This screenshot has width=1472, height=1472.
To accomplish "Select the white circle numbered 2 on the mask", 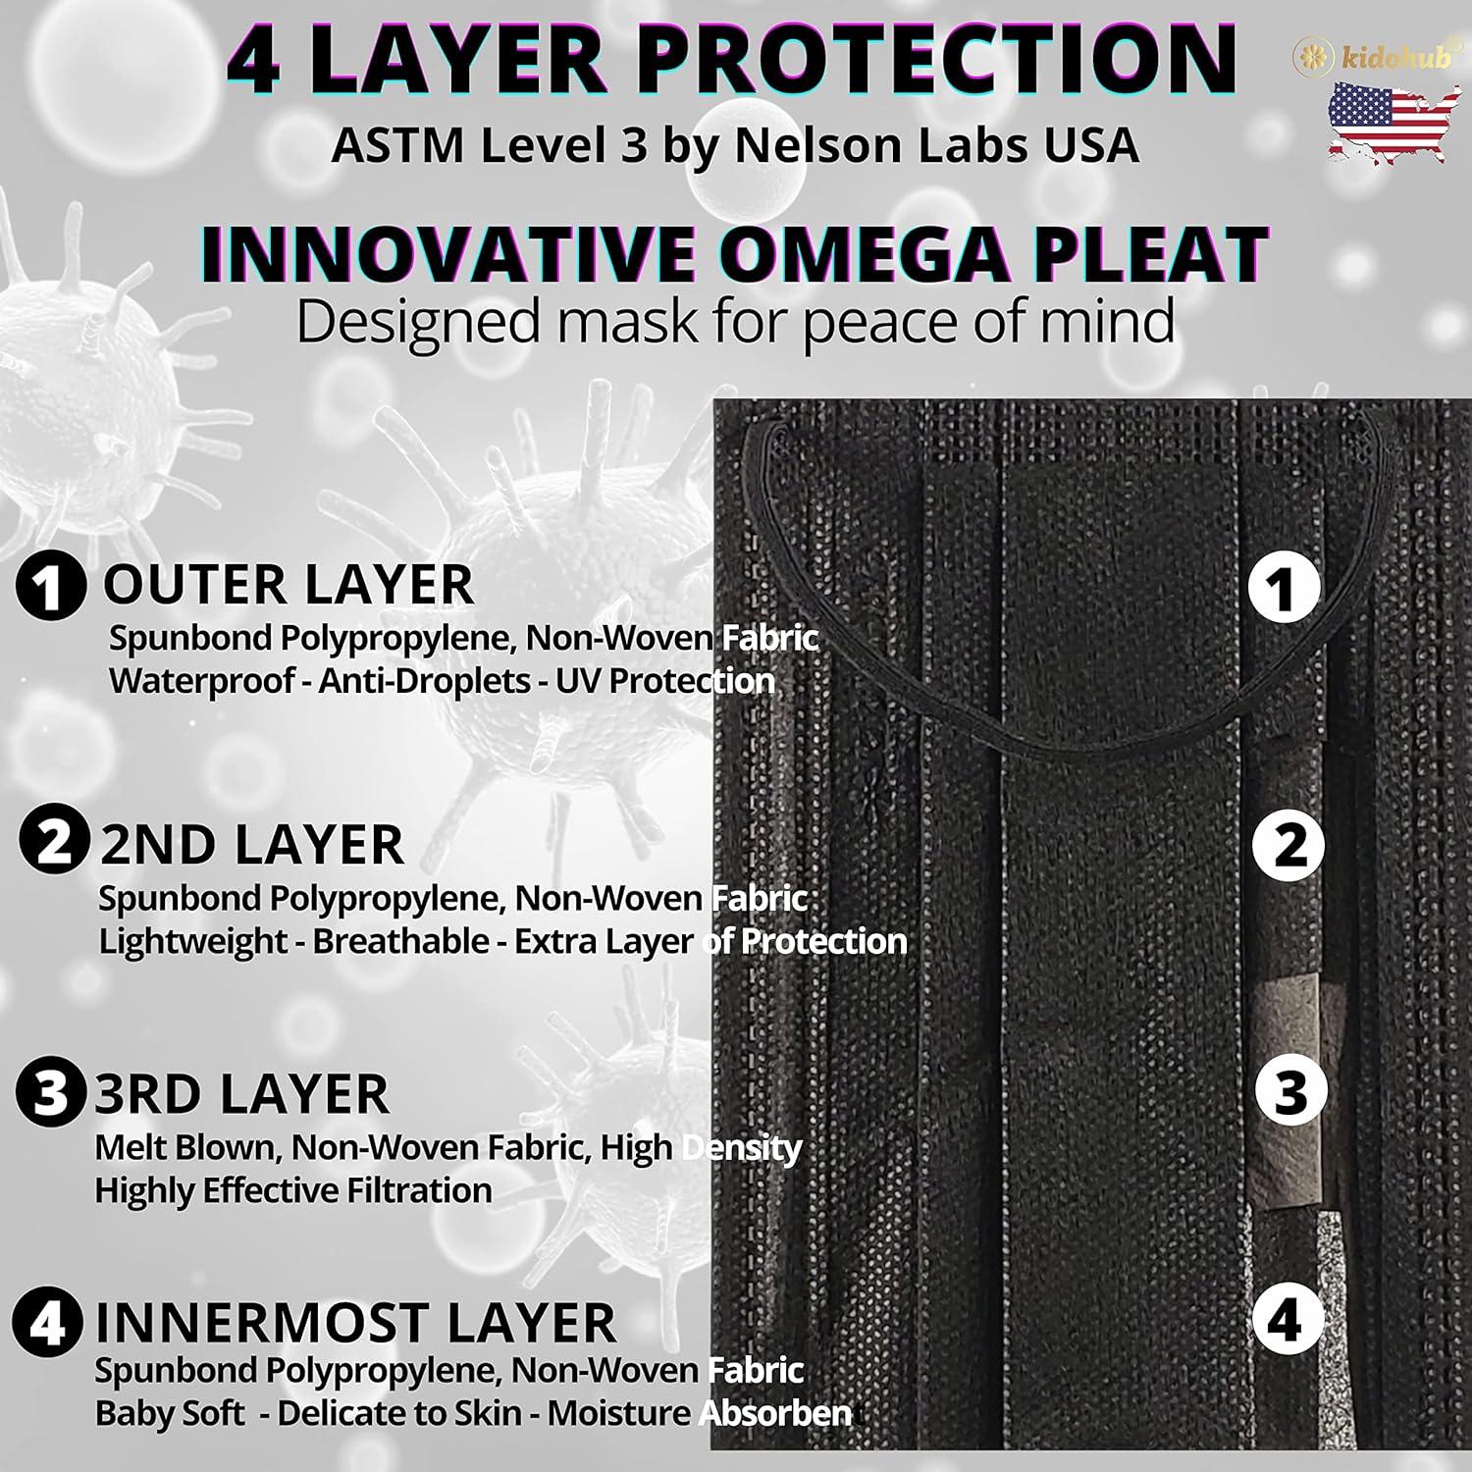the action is pyautogui.click(x=1288, y=844).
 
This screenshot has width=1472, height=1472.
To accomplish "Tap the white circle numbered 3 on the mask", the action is pyautogui.click(x=1290, y=1090).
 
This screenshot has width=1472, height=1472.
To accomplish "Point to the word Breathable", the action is pyautogui.click(x=400, y=941).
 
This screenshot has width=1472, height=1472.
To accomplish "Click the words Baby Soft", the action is pyautogui.click(x=170, y=1414).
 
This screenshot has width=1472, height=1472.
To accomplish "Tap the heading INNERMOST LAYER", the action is pyautogui.click(x=355, y=1323).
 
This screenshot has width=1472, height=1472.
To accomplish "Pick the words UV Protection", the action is pyautogui.click(x=665, y=681).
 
